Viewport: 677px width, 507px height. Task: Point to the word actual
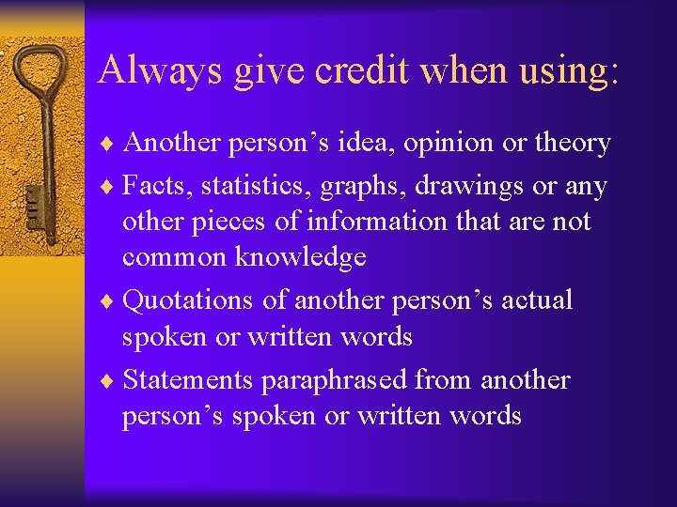(537, 300)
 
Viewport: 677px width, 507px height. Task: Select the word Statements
(188, 379)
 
